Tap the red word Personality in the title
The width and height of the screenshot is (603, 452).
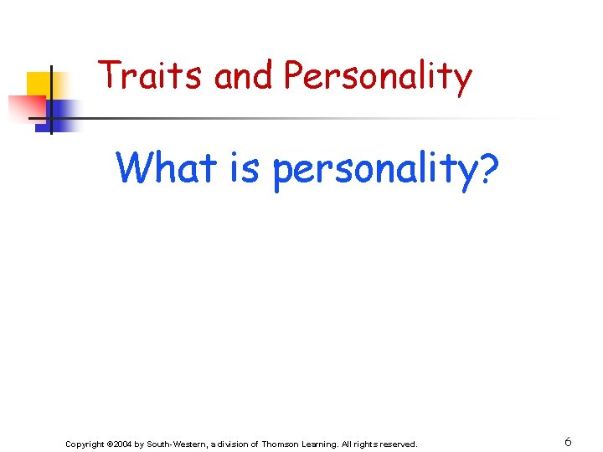pyautogui.click(x=378, y=77)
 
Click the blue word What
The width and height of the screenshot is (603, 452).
pyautogui.click(x=167, y=167)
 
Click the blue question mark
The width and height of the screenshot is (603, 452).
pyautogui.click(x=487, y=167)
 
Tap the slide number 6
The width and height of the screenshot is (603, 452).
pyautogui.click(x=568, y=442)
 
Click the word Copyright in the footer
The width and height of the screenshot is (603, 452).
pyautogui.click(x=85, y=444)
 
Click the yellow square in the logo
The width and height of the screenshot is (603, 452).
pyautogui.click(x=39, y=84)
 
